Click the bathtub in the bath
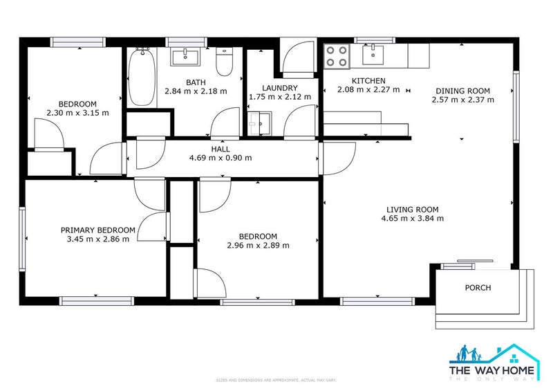coord(142,78)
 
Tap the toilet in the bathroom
coord(224,62)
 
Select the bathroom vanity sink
coord(185,55)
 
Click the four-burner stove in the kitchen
coord(337,55)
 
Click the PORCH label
coord(478,288)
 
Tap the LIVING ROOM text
coord(412,210)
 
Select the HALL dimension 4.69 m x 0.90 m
coord(221,158)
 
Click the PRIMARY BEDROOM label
coord(97,230)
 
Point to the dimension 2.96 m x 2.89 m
coord(258,245)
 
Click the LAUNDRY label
coord(279,88)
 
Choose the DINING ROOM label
coord(462,91)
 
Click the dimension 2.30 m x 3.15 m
coord(77,113)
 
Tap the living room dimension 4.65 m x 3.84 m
coord(412,219)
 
